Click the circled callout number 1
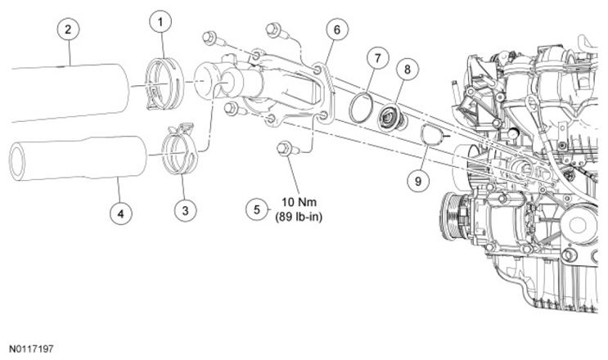(160, 22)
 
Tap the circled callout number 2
(68, 29)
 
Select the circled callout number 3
(185, 210)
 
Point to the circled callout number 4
(121, 213)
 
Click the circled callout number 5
(257, 209)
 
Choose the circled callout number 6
(336, 29)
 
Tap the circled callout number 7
(378, 58)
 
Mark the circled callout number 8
(408, 69)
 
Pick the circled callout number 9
(418, 181)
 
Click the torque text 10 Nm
(299, 202)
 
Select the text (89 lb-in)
(299, 217)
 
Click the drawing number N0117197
(31, 349)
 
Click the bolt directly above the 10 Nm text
(286, 148)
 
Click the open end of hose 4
(17, 162)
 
